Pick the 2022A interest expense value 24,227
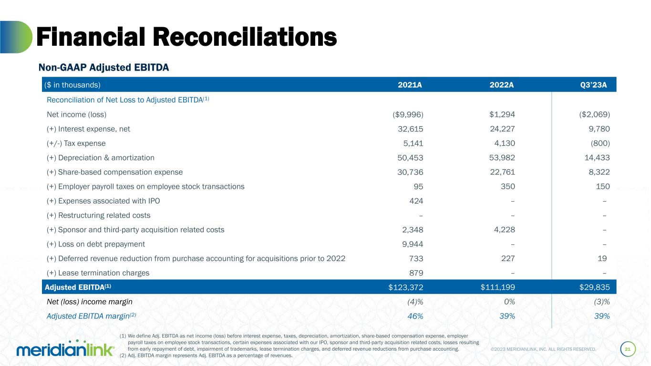(499, 129)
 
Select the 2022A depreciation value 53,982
(499, 158)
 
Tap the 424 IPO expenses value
(415, 201)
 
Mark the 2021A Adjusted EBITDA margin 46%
(414, 316)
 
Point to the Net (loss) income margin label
(90, 302)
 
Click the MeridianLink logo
(65, 348)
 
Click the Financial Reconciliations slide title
(186, 37)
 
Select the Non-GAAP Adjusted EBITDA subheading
(103, 68)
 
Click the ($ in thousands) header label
(72, 85)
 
